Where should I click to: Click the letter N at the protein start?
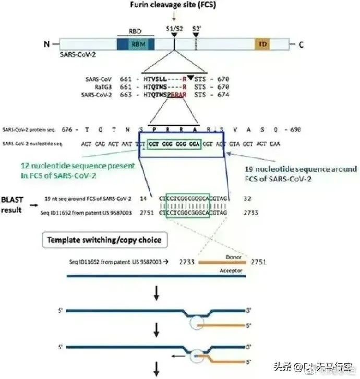click(x=46, y=45)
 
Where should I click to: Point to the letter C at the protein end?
click(x=301, y=45)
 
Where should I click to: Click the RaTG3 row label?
click(x=95, y=87)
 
